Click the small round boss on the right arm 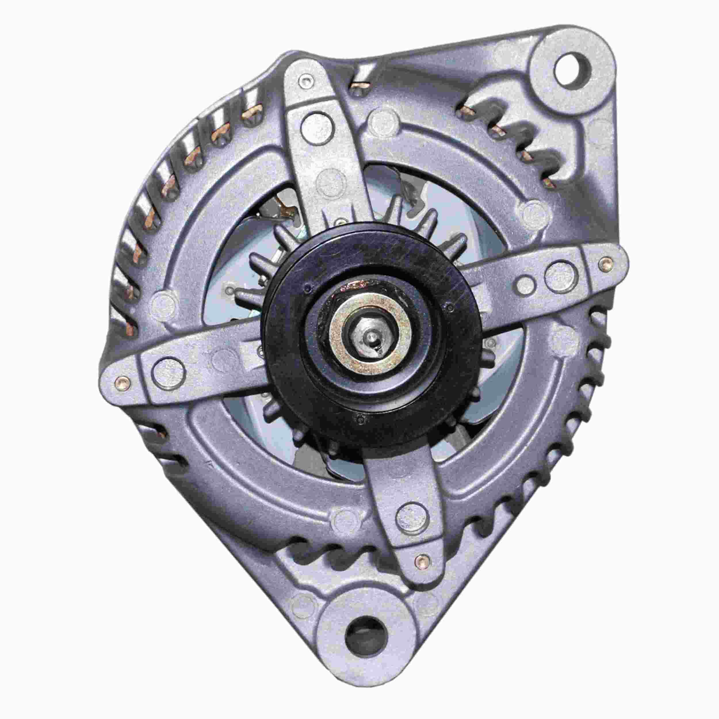[x=525, y=282]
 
